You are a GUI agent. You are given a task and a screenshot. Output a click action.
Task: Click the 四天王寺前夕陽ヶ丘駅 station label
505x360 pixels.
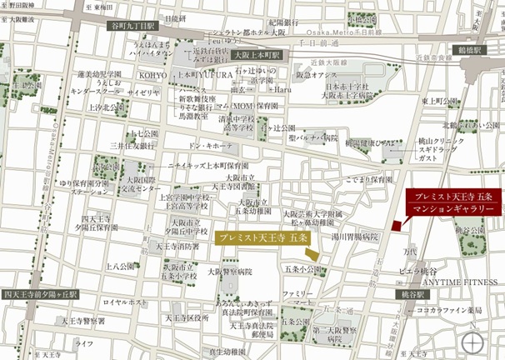(40, 294)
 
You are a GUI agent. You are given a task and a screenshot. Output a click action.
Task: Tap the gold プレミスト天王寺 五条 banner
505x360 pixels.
(262, 237)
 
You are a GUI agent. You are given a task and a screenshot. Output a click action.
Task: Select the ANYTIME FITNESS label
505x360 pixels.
(465, 282)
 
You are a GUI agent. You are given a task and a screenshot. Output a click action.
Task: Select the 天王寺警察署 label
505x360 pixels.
(82, 320)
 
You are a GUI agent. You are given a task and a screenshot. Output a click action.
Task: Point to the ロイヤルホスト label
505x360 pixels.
(125, 302)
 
